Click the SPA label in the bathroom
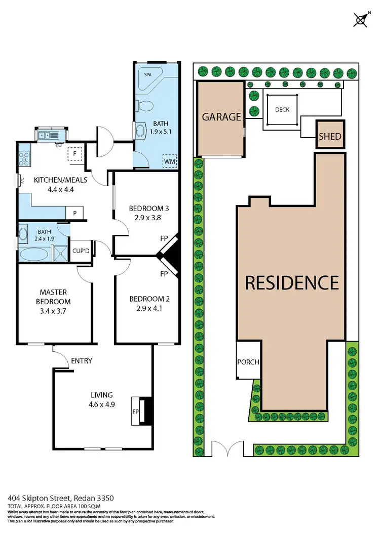(148, 74)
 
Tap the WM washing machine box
(169, 161)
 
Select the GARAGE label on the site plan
(221, 117)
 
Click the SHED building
(330, 136)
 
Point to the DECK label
(282, 109)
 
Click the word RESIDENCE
(292, 282)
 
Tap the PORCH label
(248, 362)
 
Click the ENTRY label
(82, 361)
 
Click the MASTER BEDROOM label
(53, 297)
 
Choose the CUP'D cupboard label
(81, 251)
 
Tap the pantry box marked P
(74, 213)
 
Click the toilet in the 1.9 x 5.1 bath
(146, 106)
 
